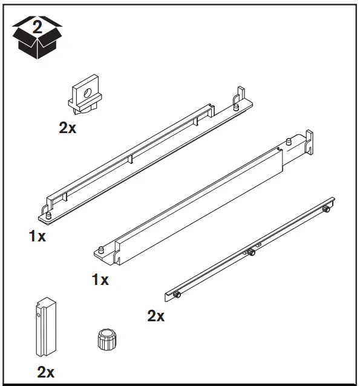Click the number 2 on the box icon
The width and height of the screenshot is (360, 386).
tap(38, 27)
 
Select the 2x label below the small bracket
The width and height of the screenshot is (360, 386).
tap(67, 127)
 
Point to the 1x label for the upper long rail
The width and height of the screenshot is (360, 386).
tap(37, 236)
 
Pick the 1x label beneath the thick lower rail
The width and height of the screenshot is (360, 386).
tap(100, 280)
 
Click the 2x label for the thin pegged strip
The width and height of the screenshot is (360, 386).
tap(155, 316)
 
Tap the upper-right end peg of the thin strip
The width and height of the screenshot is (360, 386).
tap(326, 209)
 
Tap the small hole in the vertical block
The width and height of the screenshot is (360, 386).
tap(37, 313)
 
